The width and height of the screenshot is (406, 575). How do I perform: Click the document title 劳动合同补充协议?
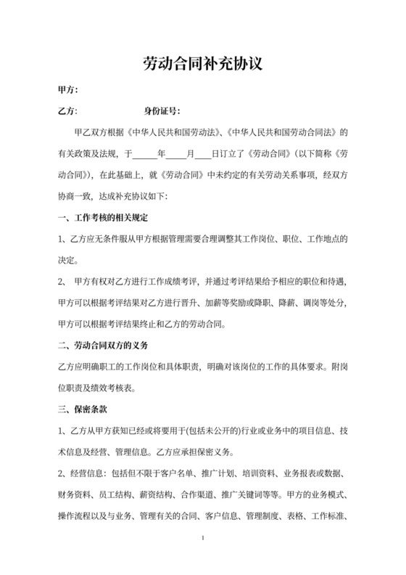(x=202, y=65)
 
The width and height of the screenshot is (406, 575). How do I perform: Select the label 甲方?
(x=67, y=91)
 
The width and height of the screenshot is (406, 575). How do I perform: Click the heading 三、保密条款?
(x=84, y=408)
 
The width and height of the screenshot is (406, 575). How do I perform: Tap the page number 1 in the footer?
(x=204, y=538)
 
